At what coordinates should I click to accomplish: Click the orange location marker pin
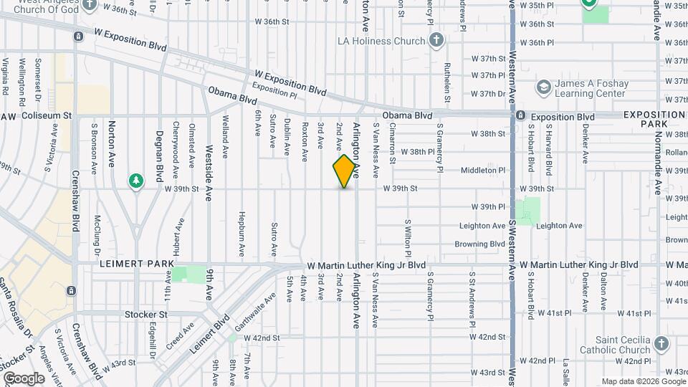point(345,171)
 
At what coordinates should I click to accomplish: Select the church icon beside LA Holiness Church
point(436,41)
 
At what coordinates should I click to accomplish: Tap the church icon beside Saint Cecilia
point(661,345)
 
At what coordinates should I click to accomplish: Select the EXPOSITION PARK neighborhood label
point(653,120)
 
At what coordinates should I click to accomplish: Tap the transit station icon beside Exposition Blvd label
point(522,116)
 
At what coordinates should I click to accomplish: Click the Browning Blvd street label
point(479,244)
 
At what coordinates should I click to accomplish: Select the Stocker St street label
point(145,314)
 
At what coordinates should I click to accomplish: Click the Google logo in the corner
point(24,378)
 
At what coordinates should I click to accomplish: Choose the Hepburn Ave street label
point(242,226)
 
